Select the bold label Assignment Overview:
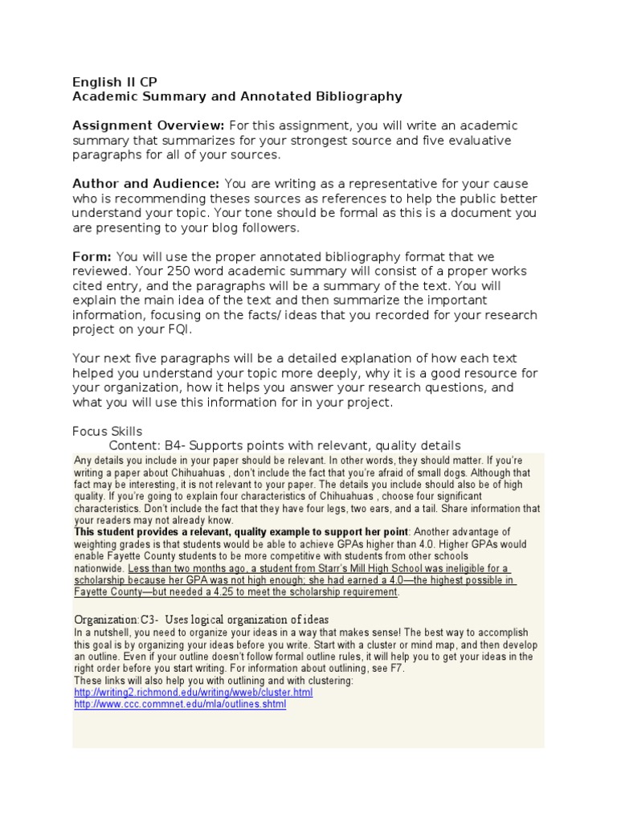click(x=149, y=125)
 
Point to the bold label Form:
click(x=92, y=256)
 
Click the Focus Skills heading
click(x=107, y=432)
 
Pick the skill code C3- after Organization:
click(x=150, y=620)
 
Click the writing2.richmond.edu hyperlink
click(x=193, y=692)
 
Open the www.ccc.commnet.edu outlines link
click(x=179, y=704)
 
